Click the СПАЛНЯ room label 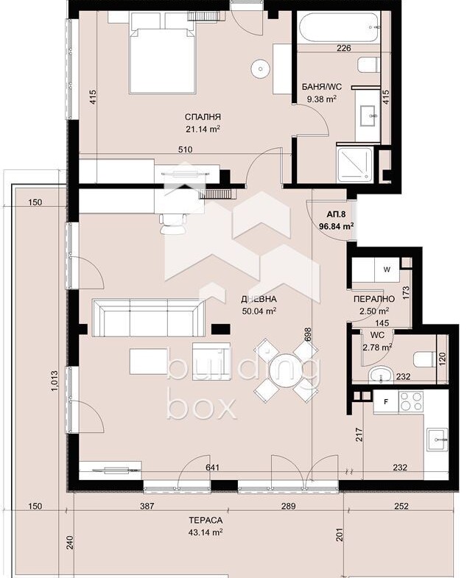coord(203,117)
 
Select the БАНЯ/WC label coord(322,87)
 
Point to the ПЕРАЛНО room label coord(373,299)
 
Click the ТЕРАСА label coord(206,520)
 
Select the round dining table coord(286,371)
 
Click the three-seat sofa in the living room coord(149,317)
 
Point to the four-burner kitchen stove coord(410,401)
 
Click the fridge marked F coord(386,401)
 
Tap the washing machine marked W coord(387,269)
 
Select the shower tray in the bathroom coord(355,163)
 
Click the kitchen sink coord(437,440)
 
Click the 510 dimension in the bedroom coord(185,149)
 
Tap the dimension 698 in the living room coord(309,335)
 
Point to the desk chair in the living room coord(172,223)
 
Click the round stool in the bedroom coord(261,68)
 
